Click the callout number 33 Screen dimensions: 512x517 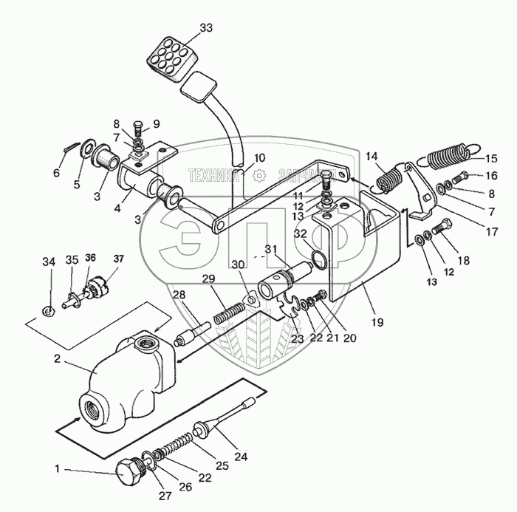point(205,27)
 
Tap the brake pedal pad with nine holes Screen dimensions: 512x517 point(170,56)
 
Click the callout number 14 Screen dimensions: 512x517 point(371,156)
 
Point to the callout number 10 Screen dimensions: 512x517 point(259,157)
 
